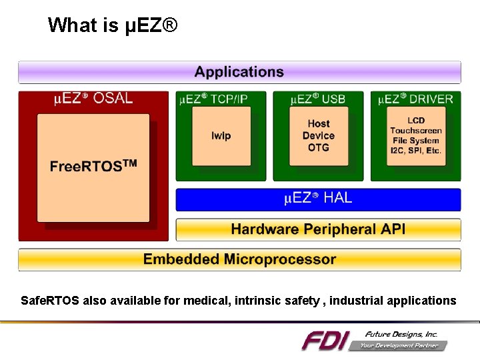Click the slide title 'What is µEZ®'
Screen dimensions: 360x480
(x=113, y=25)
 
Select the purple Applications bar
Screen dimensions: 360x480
(x=239, y=72)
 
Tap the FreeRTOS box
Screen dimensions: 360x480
(x=93, y=167)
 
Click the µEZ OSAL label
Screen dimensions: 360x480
(x=93, y=99)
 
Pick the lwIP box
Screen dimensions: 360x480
(x=221, y=136)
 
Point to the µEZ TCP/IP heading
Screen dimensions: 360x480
(x=214, y=99)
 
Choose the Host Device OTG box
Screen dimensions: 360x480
(x=319, y=135)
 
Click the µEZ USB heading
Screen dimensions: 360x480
(x=318, y=99)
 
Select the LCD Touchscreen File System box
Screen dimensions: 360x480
(x=416, y=135)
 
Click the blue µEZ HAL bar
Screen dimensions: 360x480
(x=318, y=199)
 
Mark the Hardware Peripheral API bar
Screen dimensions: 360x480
(x=318, y=229)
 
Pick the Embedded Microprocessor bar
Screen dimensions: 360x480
(x=239, y=259)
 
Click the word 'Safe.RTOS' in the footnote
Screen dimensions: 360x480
(x=51, y=301)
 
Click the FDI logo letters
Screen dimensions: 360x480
(x=325, y=341)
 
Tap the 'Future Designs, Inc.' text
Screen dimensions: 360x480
(x=401, y=333)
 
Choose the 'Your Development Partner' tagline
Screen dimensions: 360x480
(x=399, y=345)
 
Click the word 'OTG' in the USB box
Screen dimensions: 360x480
(x=319, y=148)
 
